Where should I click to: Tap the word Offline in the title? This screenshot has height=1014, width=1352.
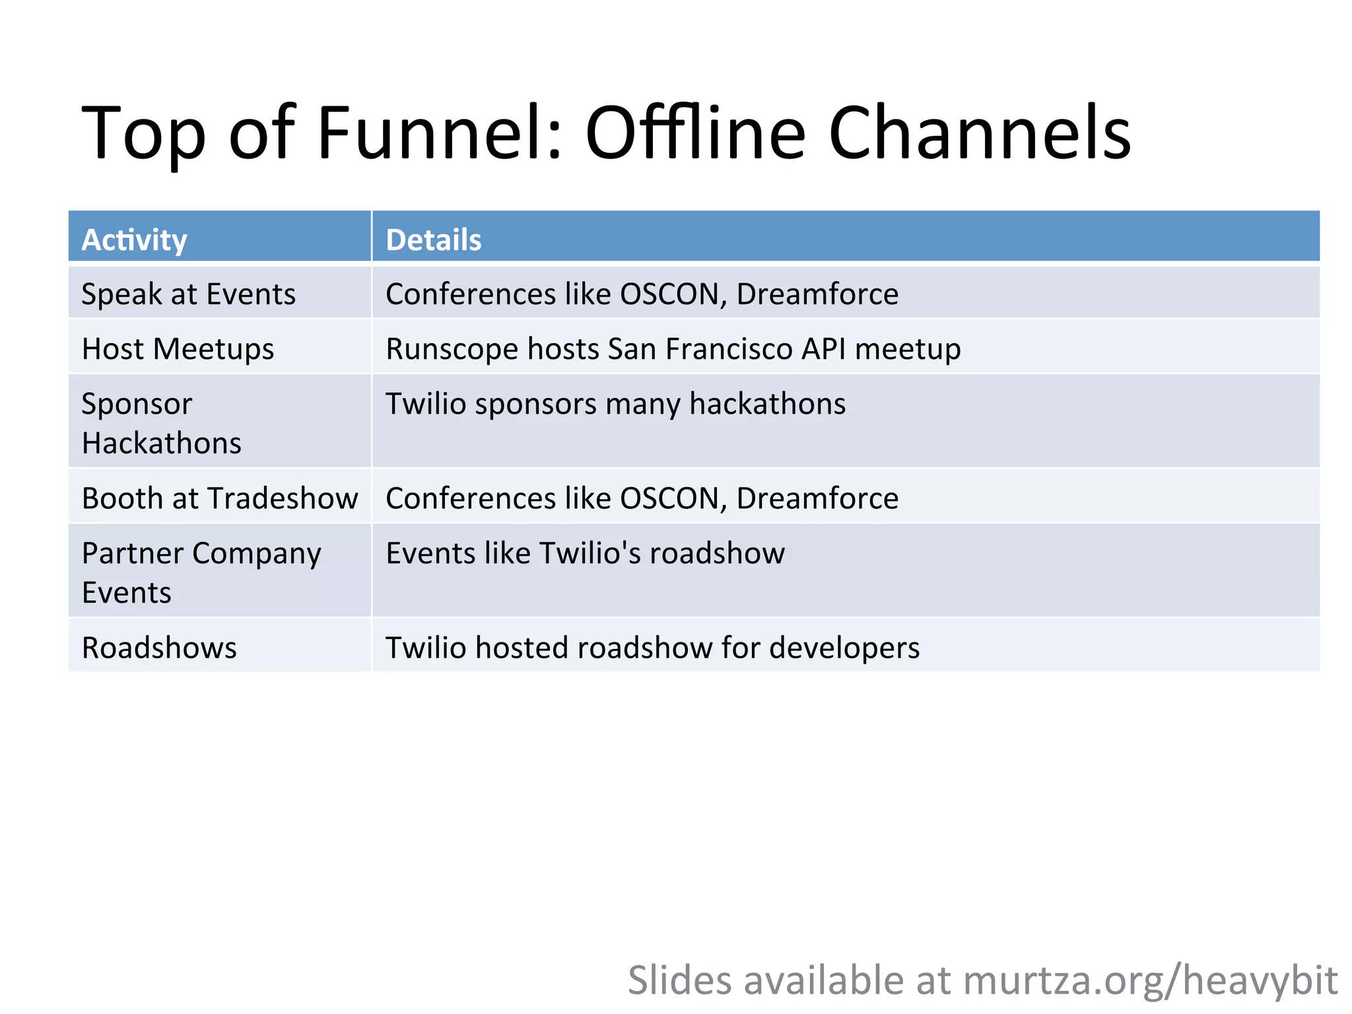pyautogui.click(x=695, y=133)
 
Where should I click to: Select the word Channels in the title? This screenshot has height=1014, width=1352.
pyautogui.click(x=980, y=133)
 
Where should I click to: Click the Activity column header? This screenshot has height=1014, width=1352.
pyautogui.click(x=134, y=240)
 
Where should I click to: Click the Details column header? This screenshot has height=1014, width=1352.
pyautogui.click(x=433, y=240)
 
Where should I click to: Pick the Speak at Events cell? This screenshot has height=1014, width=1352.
pyautogui.click(x=188, y=294)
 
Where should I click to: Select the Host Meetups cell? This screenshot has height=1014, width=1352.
pyautogui.click(x=178, y=349)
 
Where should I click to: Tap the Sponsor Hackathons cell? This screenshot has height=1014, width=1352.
pyautogui.click(x=161, y=422)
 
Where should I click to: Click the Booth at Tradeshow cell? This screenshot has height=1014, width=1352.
pyautogui.click(x=219, y=498)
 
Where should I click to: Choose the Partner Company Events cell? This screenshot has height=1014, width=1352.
pyautogui.click(x=201, y=572)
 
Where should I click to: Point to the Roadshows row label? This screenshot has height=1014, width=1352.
pyautogui.click(x=159, y=648)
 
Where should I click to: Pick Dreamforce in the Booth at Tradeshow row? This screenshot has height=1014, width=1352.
pyautogui.click(x=817, y=498)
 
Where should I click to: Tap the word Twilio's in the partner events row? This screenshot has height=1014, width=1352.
pyautogui.click(x=590, y=553)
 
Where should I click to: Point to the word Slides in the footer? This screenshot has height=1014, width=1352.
pyautogui.click(x=679, y=980)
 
